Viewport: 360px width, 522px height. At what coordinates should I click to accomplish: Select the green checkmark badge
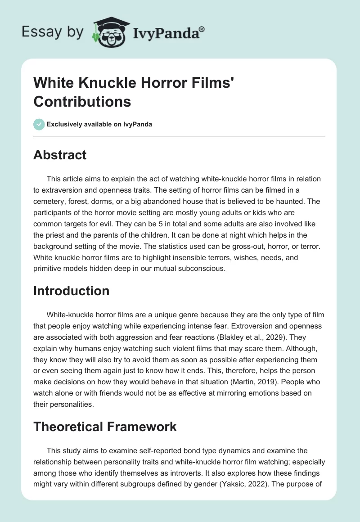[x=39, y=124]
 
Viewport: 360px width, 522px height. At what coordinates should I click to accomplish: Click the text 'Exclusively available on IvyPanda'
[x=99, y=124]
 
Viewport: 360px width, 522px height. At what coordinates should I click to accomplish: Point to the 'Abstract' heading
[x=60, y=155]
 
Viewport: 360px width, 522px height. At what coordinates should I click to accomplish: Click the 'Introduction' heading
[x=72, y=291]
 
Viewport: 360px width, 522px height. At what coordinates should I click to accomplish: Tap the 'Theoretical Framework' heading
[x=105, y=427]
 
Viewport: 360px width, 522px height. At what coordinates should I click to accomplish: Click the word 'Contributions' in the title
[x=82, y=102]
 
